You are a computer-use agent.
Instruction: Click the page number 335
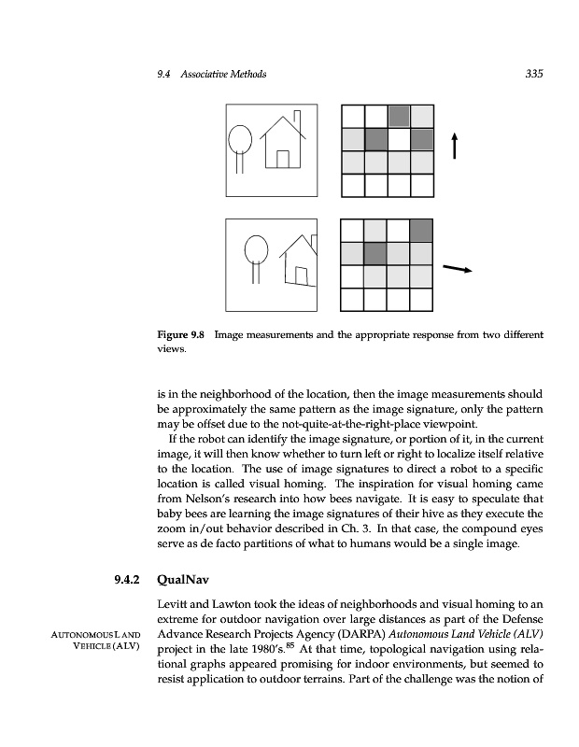click(x=534, y=74)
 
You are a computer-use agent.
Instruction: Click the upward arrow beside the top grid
click(x=455, y=146)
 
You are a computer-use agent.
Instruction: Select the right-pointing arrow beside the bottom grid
click(x=456, y=269)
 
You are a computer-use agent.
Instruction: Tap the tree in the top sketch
click(x=240, y=145)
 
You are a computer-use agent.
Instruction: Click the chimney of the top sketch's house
click(x=297, y=121)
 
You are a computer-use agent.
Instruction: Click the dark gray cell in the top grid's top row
click(x=399, y=116)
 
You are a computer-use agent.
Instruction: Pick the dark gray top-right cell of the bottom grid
click(x=421, y=231)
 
